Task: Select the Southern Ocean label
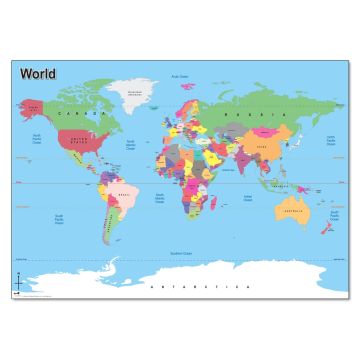[x=180, y=255]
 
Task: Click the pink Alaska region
[x=34, y=105]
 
